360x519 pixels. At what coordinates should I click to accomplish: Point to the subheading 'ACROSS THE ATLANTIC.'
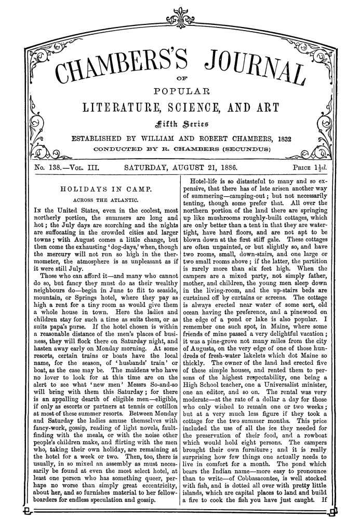click(x=98, y=200)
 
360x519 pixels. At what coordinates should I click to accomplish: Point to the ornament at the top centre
click(x=180, y=21)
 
